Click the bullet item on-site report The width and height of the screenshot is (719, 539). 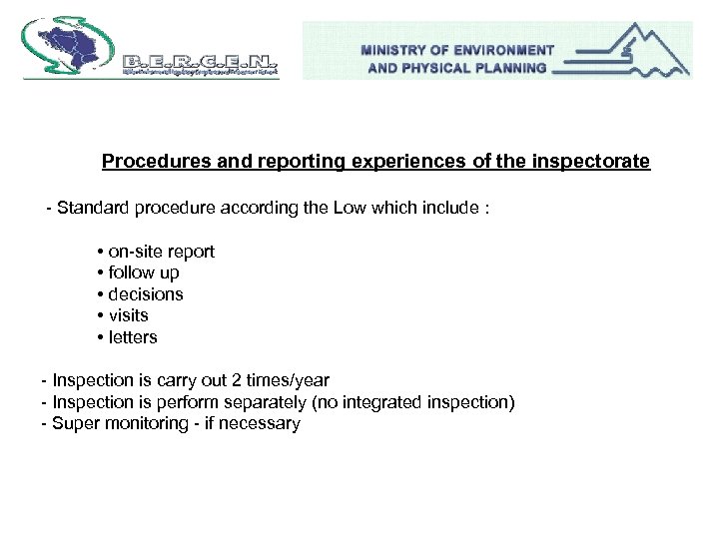[x=160, y=252]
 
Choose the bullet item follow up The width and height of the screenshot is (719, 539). [x=143, y=272]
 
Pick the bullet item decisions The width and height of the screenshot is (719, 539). [x=145, y=294]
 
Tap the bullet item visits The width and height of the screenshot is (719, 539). [x=128, y=315]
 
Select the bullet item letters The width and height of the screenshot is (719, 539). [x=132, y=337]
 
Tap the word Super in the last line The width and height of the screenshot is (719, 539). [x=74, y=423]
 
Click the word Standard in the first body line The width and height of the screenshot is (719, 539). [x=92, y=209]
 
